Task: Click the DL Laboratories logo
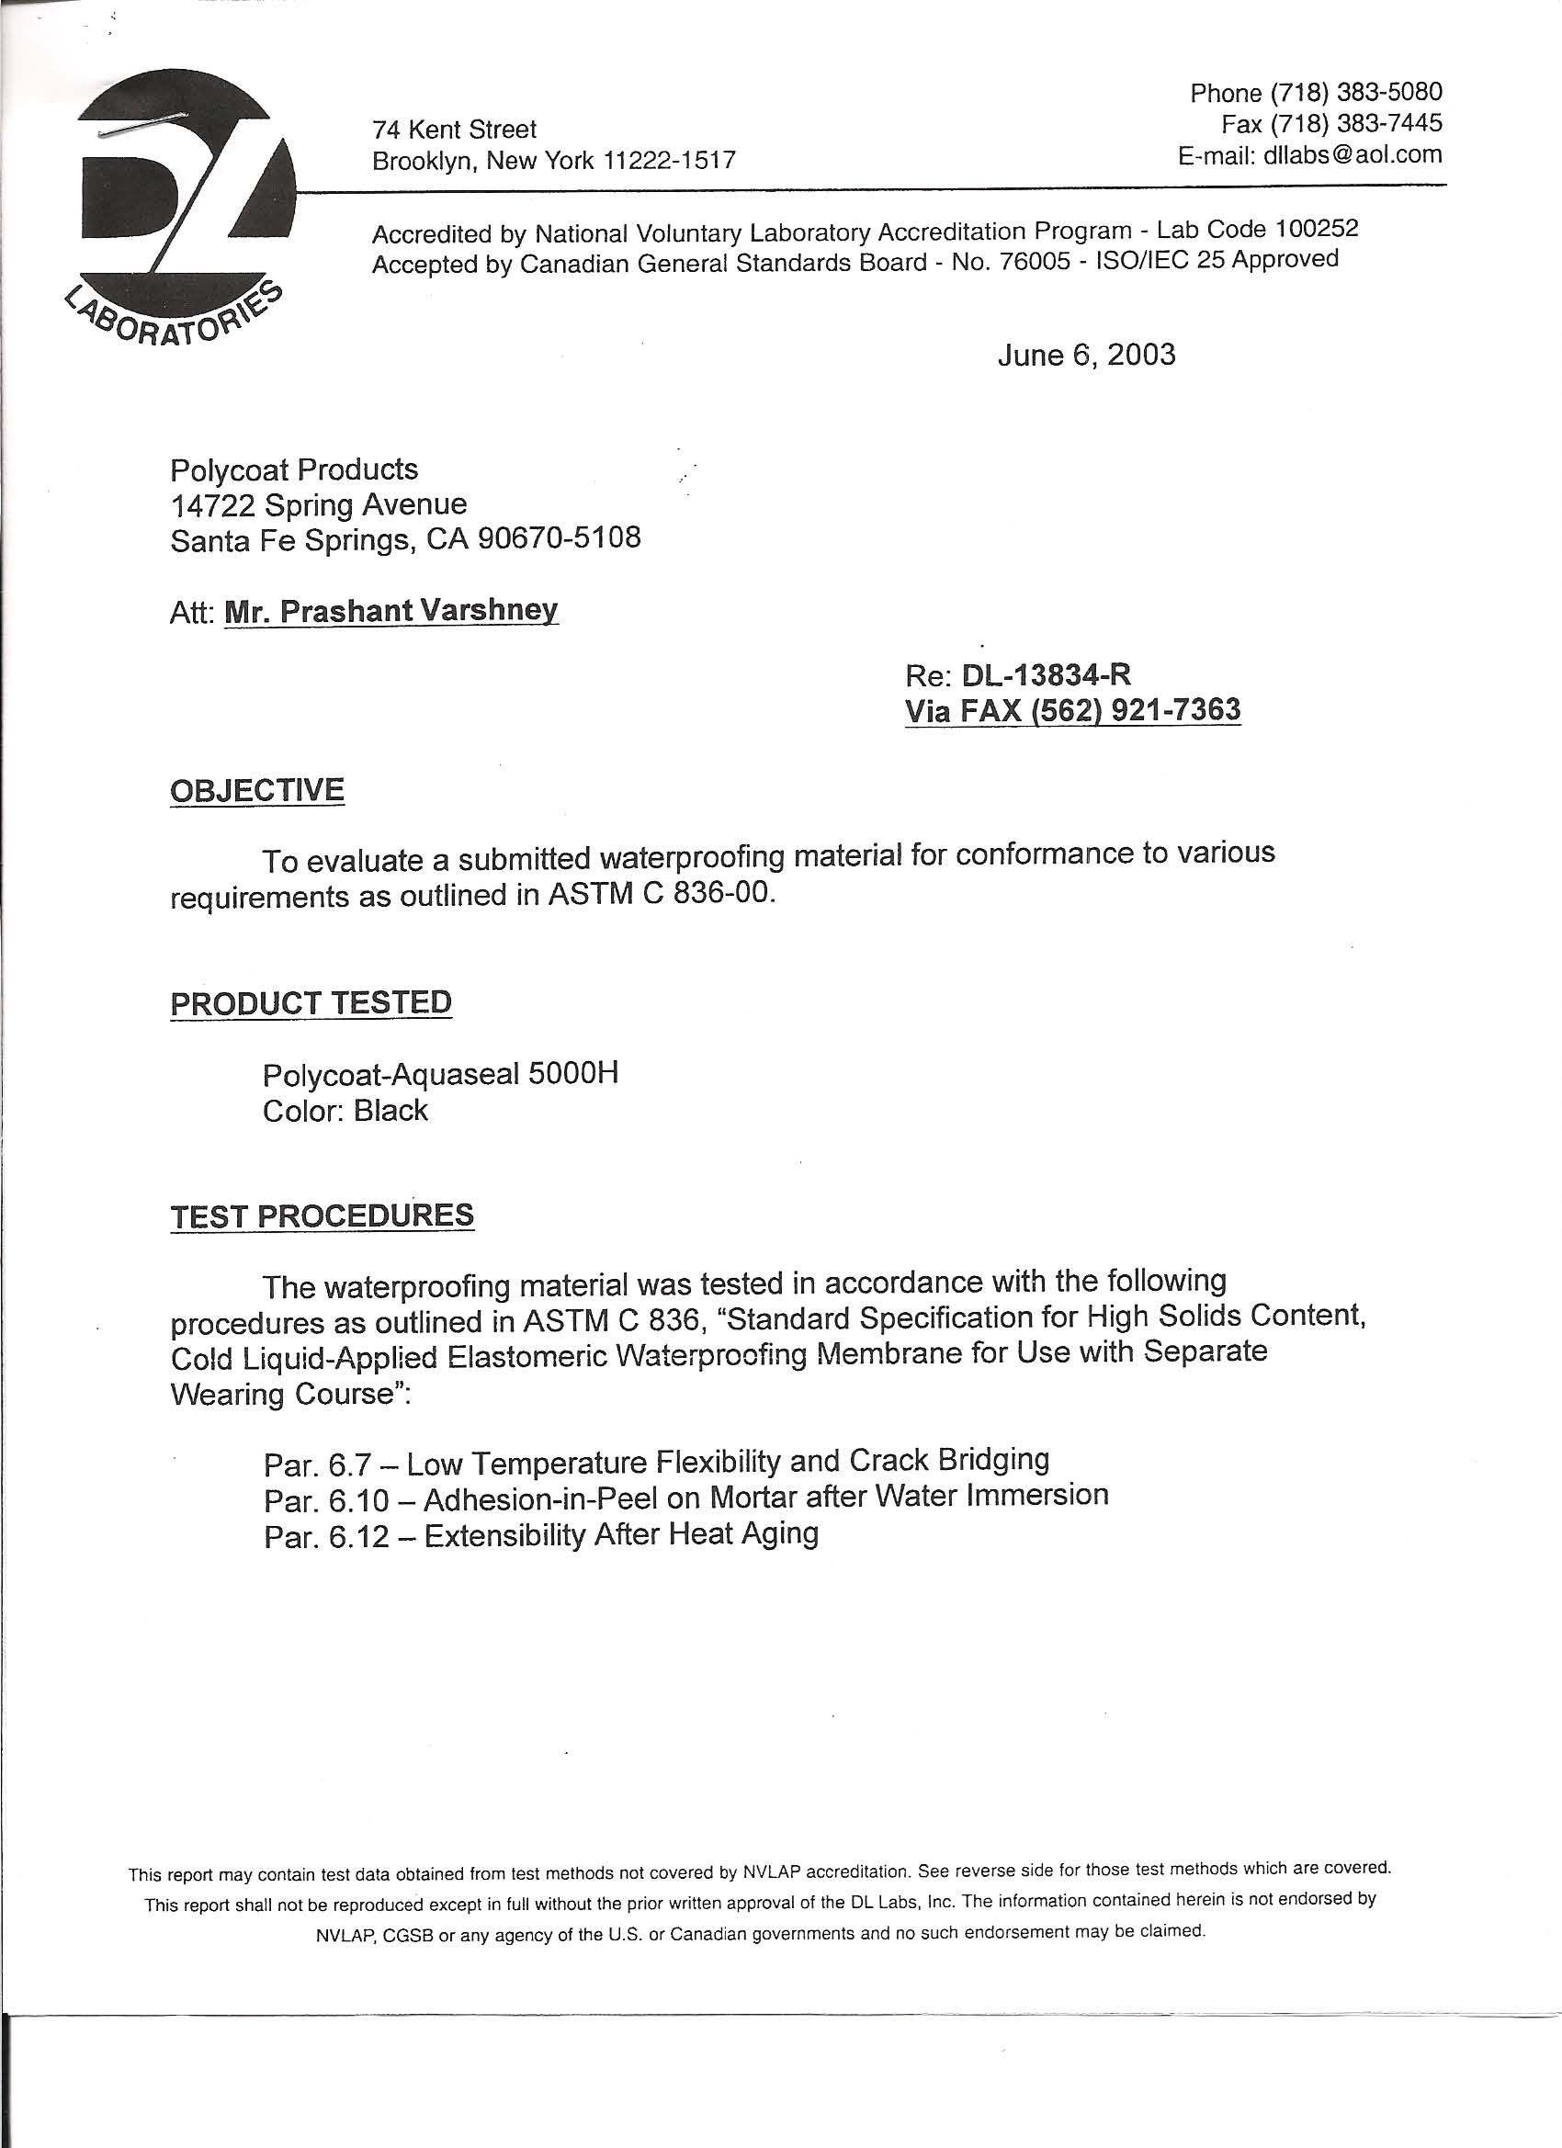(180, 209)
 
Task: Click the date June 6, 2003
(1086, 356)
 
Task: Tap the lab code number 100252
(1317, 228)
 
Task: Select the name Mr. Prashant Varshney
(390, 611)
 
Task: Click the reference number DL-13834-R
(1046, 674)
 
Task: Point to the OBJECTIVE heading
(256, 790)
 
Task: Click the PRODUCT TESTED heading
(311, 1003)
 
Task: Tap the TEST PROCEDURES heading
(323, 1216)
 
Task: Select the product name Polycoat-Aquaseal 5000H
(440, 1074)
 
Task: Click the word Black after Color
(390, 1110)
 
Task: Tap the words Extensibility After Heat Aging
(620, 1535)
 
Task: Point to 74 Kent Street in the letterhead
(455, 130)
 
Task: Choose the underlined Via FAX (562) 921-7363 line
(1072, 710)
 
